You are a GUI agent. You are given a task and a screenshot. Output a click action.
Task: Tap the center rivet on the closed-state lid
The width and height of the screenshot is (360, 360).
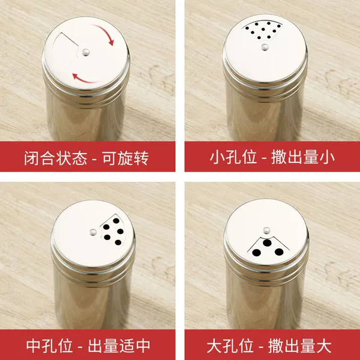(x=86, y=52)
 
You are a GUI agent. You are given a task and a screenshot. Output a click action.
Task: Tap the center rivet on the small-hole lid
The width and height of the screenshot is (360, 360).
(x=265, y=47)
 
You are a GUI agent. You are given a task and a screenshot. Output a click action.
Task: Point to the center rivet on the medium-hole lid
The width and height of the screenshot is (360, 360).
(x=93, y=232)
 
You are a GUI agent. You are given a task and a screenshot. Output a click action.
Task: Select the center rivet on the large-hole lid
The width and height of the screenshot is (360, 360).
(x=266, y=230)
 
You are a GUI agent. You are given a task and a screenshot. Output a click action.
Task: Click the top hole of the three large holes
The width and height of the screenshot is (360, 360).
(x=267, y=242)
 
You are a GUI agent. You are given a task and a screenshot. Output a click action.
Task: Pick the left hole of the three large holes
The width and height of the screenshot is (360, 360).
(x=256, y=253)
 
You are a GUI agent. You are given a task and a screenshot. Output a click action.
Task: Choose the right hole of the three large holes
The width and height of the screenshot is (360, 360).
(x=279, y=252)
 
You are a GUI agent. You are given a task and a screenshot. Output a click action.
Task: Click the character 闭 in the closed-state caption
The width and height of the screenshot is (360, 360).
(x=31, y=158)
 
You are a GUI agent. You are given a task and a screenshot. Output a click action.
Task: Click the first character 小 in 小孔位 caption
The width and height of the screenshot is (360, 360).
(x=217, y=157)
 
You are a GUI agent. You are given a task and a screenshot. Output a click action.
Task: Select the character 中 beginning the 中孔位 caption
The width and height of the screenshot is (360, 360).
(x=34, y=346)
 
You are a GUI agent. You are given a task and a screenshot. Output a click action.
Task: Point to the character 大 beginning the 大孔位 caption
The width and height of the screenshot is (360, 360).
(x=214, y=346)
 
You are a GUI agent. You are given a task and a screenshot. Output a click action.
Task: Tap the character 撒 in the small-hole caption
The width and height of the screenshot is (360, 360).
(x=279, y=157)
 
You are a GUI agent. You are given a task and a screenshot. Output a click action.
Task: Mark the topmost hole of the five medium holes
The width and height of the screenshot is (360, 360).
(x=116, y=221)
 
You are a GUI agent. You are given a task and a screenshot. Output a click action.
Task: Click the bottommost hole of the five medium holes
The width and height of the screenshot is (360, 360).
(x=118, y=242)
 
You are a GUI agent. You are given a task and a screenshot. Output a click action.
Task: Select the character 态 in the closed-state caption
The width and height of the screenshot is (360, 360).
(x=80, y=158)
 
